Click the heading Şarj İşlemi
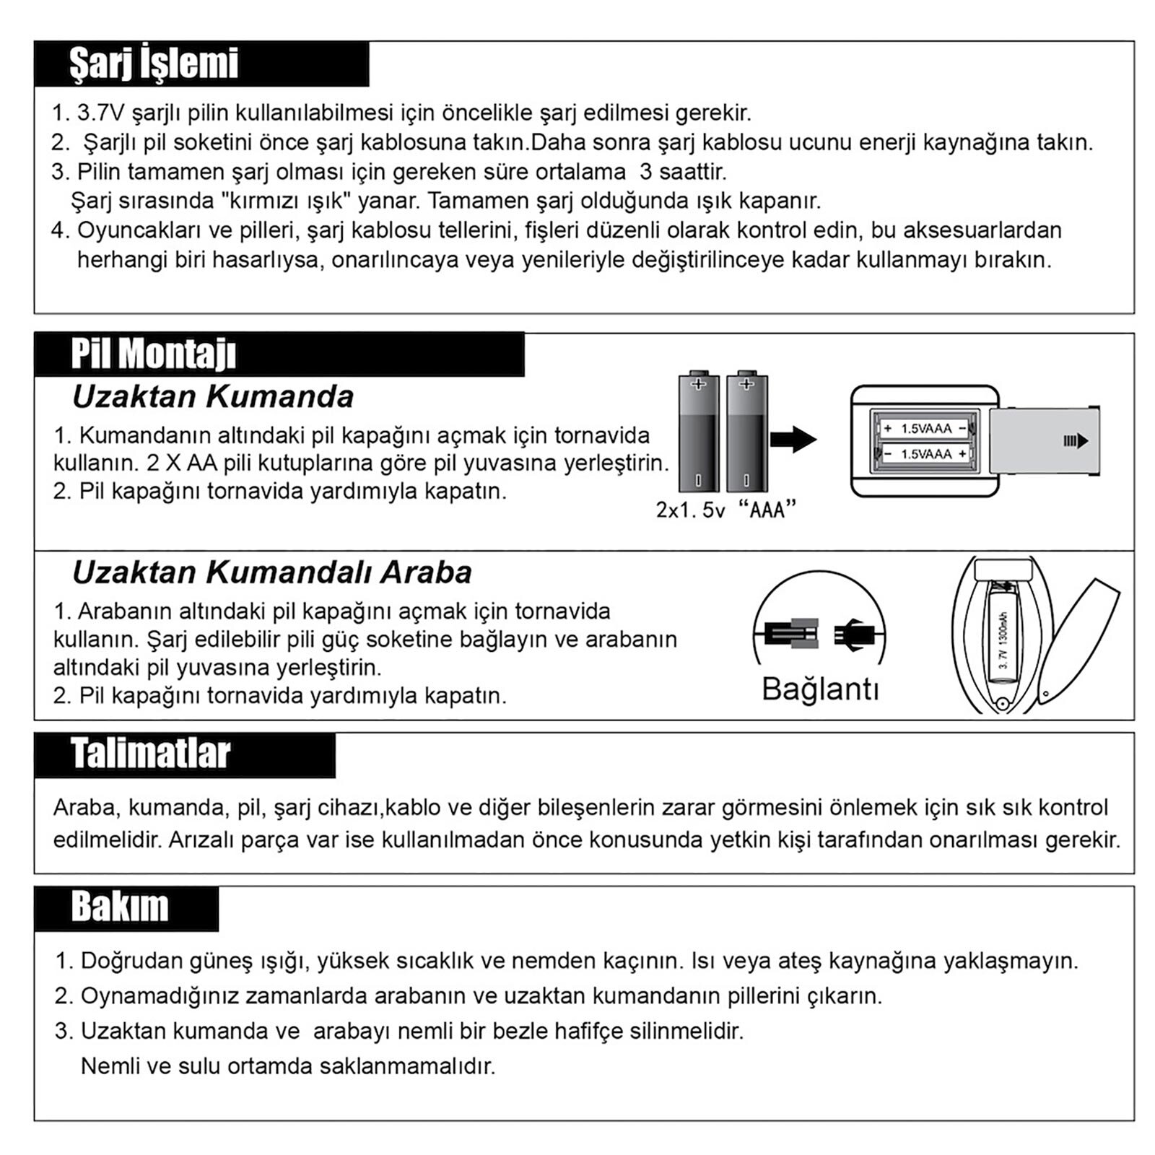(x=154, y=64)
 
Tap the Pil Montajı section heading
(x=154, y=354)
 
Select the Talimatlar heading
(x=150, y=754)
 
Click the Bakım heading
(x=120, y=907)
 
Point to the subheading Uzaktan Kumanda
(x=213, y=396)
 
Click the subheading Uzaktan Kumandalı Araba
(x=272, y=572)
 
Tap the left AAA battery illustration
(x=698, y=432)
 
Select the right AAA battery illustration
(x=746, y=432)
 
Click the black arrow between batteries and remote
(x=793, y=439)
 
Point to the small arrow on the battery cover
(x=1075, y=441)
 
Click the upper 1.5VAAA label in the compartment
(x=925, y=428)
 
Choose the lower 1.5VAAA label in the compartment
(x=925, y=453)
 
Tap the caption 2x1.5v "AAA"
(x=725, y=510)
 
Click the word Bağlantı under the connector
(x=821, y=689)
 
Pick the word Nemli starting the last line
(x=110, y=1065)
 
